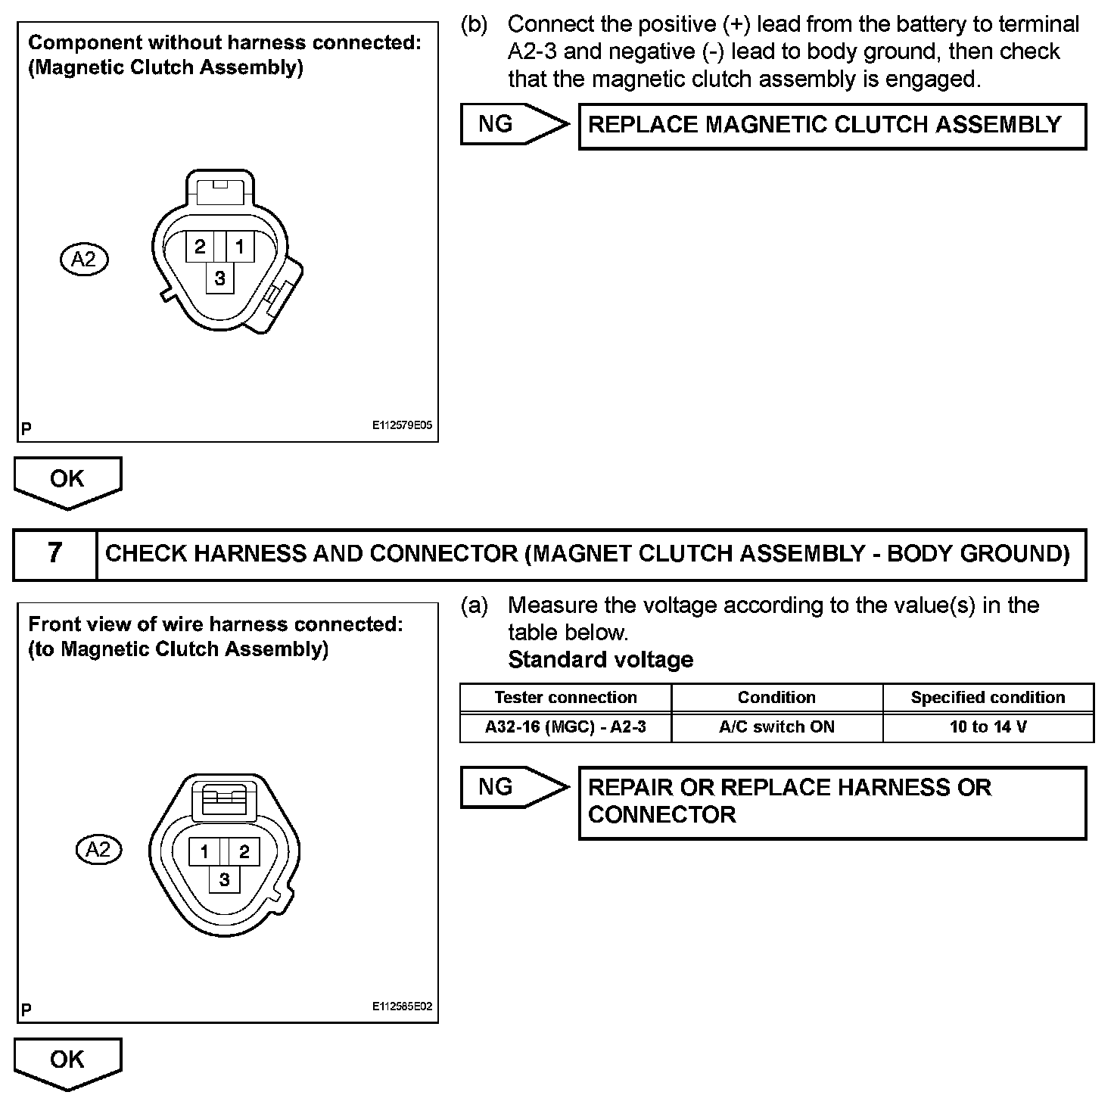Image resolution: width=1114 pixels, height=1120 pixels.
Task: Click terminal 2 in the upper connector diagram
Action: coord(200,247)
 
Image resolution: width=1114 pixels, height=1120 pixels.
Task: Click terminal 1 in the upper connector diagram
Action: coord(240,247)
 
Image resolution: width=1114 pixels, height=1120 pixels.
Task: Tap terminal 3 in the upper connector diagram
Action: coord(220,278)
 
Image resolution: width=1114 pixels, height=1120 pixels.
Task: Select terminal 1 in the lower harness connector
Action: coord(204,851)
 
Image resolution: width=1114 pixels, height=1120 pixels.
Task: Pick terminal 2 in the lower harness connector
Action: coord(244,851)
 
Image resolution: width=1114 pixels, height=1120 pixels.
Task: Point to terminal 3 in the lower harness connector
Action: coord(224,879)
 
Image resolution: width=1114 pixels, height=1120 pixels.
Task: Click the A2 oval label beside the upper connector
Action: coord(84,260)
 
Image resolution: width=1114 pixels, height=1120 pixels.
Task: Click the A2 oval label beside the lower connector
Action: coord(98,849)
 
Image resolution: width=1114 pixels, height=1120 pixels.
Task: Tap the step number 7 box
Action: coord(55,554)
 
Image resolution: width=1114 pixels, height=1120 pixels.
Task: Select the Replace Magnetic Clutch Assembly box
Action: coord(832,126)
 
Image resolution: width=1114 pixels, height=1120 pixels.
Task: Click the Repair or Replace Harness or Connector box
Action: coord(832,802)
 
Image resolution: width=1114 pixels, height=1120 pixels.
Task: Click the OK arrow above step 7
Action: coord(67,481)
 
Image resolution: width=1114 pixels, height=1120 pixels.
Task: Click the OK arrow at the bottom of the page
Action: coord(67,1062)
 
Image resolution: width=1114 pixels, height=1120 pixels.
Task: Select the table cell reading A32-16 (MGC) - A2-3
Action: coord(565,727)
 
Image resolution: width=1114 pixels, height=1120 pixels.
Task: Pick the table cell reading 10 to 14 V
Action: coord(988,727)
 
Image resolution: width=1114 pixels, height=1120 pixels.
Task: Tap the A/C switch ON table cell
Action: coord(776,727)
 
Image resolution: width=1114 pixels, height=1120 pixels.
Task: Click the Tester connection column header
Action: coord(565,697)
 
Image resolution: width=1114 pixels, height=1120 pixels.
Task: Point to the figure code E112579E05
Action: coord(402,426)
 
